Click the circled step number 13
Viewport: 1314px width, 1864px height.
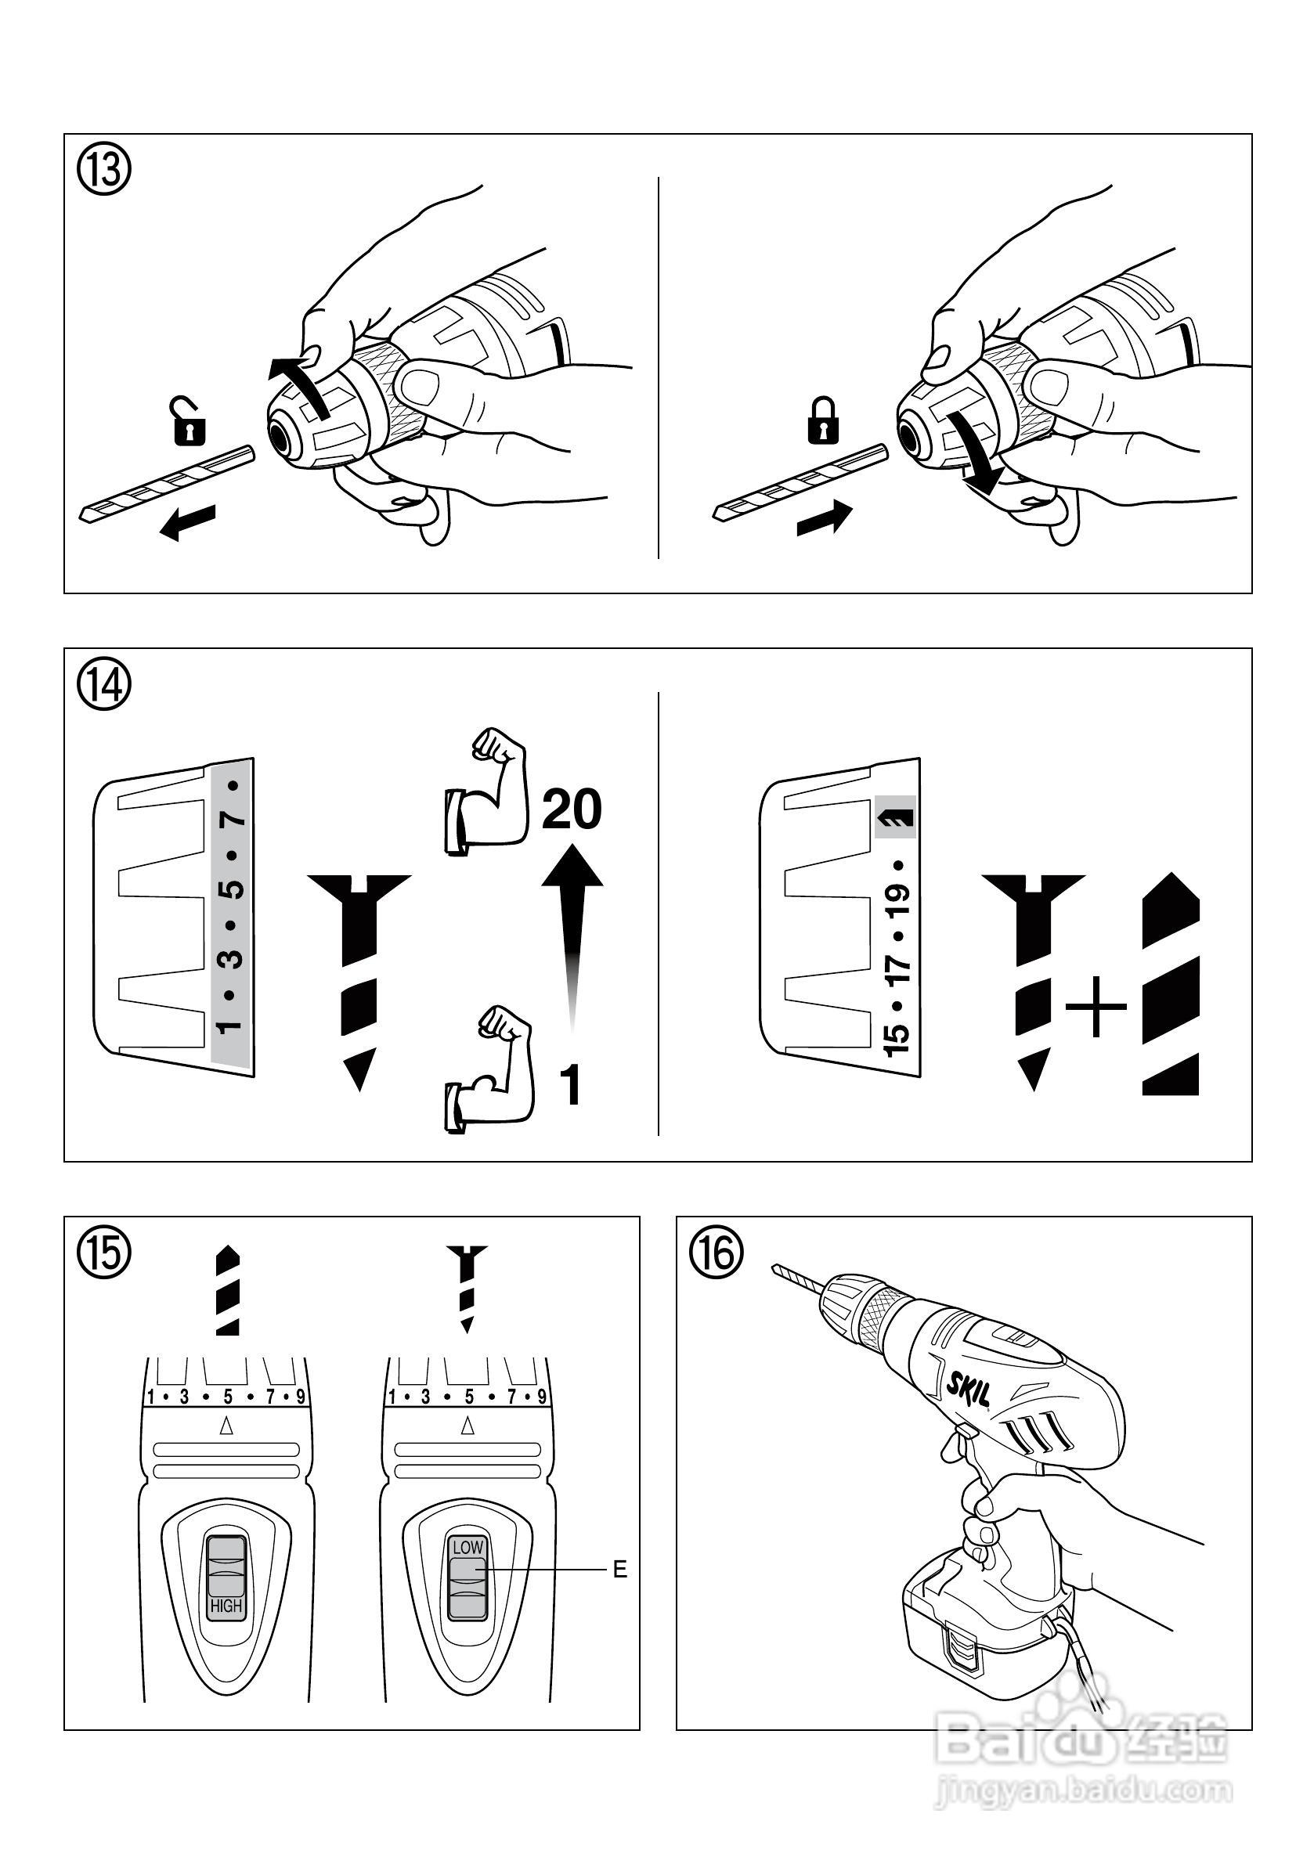pos(103,172)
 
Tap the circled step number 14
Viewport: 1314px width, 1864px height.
pos(103,686)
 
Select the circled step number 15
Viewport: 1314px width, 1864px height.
pos(103,1253)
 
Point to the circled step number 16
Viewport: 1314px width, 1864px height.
pos(717,1253)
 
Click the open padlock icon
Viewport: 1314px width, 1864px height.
pos(190,421)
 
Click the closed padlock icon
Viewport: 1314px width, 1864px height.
pos(822,420)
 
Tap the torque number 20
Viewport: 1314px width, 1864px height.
pos(572,809)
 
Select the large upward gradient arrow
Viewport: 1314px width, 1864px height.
pos(572,934)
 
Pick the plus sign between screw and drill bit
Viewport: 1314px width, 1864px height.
pos(1096,1008)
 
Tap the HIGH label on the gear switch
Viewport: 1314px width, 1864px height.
pos(226,1606)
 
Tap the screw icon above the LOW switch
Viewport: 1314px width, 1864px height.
pos(467,1288)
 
